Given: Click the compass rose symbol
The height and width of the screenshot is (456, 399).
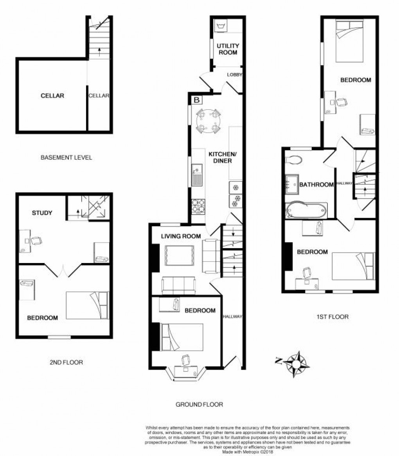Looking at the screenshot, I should [x=296, y=364].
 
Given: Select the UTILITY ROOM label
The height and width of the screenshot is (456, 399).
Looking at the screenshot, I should [x=228, y=49].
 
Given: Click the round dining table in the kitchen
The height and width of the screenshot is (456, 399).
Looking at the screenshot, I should [x=207, y=121].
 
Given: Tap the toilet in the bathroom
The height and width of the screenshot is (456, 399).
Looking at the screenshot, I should [x=293, y=160].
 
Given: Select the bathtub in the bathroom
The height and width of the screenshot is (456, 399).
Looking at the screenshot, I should [x=306, y=211].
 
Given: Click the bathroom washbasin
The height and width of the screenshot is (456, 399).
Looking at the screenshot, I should [x=291, y=183].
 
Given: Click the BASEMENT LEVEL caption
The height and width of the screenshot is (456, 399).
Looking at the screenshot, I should [x=66, y=158].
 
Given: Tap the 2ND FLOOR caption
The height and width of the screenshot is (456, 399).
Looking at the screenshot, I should [x=66, y=362].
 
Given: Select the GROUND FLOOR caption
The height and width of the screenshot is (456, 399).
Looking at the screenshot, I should [x=199, y=404].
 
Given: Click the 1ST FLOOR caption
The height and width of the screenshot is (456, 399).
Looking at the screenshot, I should [x=332, y=317].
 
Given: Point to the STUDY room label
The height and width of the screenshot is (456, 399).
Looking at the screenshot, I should [x=42, y=213].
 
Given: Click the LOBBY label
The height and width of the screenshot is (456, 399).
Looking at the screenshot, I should [x=234, y=74].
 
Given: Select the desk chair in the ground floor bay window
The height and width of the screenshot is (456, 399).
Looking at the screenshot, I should [x=186, y=359].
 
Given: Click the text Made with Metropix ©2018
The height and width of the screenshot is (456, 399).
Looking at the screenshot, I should [x=247, y=452].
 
